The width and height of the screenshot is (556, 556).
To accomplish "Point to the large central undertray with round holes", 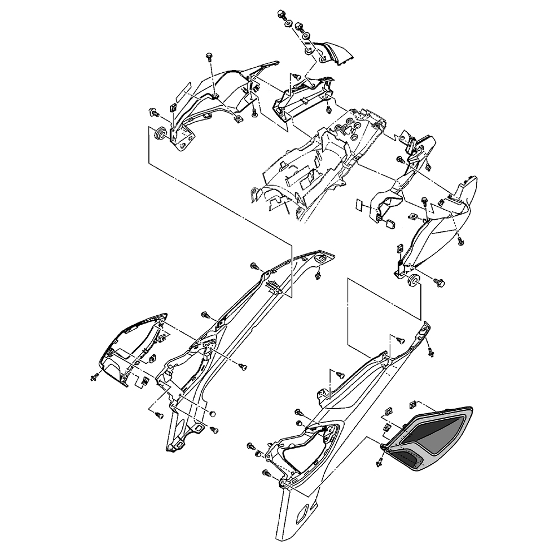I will click(x=311, y=167).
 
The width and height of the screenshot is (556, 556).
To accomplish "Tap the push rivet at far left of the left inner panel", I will click(x=93, y=378).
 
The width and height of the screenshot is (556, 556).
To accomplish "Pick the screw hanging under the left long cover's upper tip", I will click(x=317, y=275).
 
